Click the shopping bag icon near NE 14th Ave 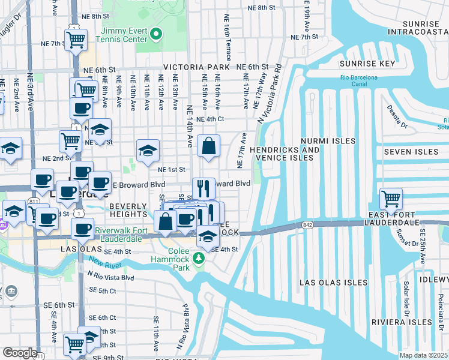pos(208,146)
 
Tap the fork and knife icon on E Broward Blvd pos(203,188)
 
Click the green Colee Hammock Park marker pos(199,259)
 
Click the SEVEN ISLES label pos(411,152)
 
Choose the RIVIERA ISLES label pos(401,322)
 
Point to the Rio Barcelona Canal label pos(359,81)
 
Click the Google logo pos(20,353)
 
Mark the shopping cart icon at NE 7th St pos(76,40)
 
